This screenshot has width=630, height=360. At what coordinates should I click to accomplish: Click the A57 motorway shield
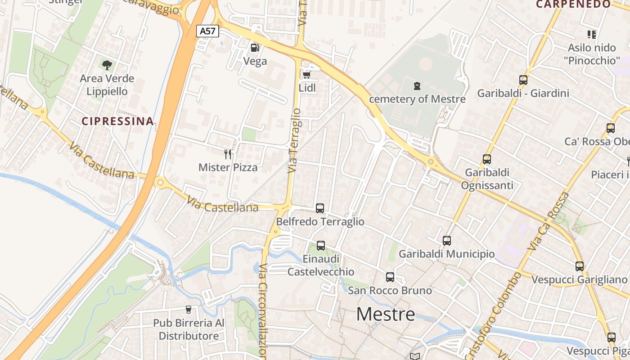208,31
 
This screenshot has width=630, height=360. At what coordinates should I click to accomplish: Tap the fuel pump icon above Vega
255,47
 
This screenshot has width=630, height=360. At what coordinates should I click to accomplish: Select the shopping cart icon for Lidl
307,74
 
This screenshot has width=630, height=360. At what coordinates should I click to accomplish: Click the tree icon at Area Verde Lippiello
107,65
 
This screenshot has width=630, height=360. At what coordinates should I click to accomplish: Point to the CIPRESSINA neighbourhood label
118,121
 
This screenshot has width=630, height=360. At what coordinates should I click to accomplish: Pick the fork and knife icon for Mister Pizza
228,154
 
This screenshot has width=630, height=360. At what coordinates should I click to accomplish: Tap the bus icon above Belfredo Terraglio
320,208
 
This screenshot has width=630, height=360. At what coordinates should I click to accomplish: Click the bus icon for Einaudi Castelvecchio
321,246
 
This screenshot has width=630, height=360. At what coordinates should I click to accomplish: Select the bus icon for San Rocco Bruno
390,277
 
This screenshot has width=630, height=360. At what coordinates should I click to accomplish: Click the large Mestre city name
386,314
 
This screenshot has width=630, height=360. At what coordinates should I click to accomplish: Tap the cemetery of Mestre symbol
417,85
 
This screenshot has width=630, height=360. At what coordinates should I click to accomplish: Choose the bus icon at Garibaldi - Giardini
523,80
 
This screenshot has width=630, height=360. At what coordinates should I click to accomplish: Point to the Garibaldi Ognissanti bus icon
487,159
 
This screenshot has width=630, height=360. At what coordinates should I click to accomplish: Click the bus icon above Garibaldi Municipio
447,241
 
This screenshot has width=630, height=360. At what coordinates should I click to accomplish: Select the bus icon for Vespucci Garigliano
580,266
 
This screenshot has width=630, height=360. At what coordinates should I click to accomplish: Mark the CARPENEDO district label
573,4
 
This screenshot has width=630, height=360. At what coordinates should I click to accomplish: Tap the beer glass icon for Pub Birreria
189,310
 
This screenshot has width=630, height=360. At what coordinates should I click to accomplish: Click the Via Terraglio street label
293,140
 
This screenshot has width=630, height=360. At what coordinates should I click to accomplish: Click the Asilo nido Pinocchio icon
592,34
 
